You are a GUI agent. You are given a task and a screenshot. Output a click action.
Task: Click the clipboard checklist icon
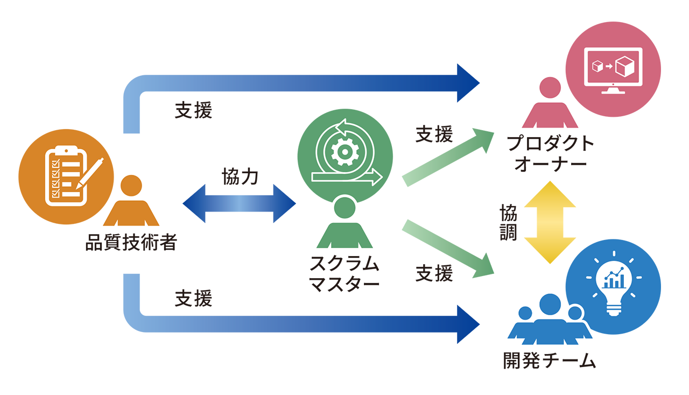coord(65,178)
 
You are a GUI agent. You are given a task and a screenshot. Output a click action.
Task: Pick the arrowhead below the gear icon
coord(376,177)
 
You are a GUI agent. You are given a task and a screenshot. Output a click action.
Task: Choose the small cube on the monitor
coord(597,67)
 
